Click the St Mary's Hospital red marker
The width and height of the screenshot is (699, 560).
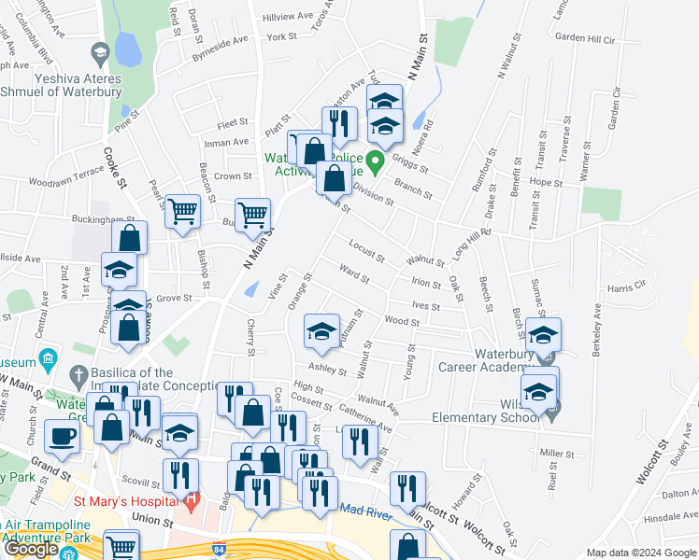coord(192,501)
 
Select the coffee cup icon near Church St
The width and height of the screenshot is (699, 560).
coord(62,435)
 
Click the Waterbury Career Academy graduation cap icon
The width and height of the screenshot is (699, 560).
coord(543,334)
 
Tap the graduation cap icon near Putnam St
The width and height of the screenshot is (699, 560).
coord(321,330)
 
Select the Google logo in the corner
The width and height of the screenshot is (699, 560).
coord(31,549)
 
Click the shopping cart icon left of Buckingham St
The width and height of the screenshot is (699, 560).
coord(183,211)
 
